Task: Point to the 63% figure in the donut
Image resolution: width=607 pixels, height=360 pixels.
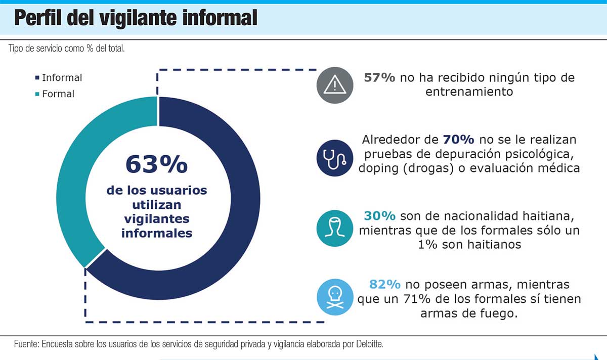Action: (156, 164)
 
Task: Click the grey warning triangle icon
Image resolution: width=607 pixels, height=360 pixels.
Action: (334, 85)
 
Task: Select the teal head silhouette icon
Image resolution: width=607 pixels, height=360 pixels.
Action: (334, 229)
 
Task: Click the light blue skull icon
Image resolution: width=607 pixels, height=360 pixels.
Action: (334, 296)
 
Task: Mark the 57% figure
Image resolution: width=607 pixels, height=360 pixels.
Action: (380, 78)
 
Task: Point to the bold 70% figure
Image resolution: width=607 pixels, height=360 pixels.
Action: (458, 140)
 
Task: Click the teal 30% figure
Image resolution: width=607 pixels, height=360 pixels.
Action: (379, 216)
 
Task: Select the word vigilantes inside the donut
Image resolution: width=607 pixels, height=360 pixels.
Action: (156, 219)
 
